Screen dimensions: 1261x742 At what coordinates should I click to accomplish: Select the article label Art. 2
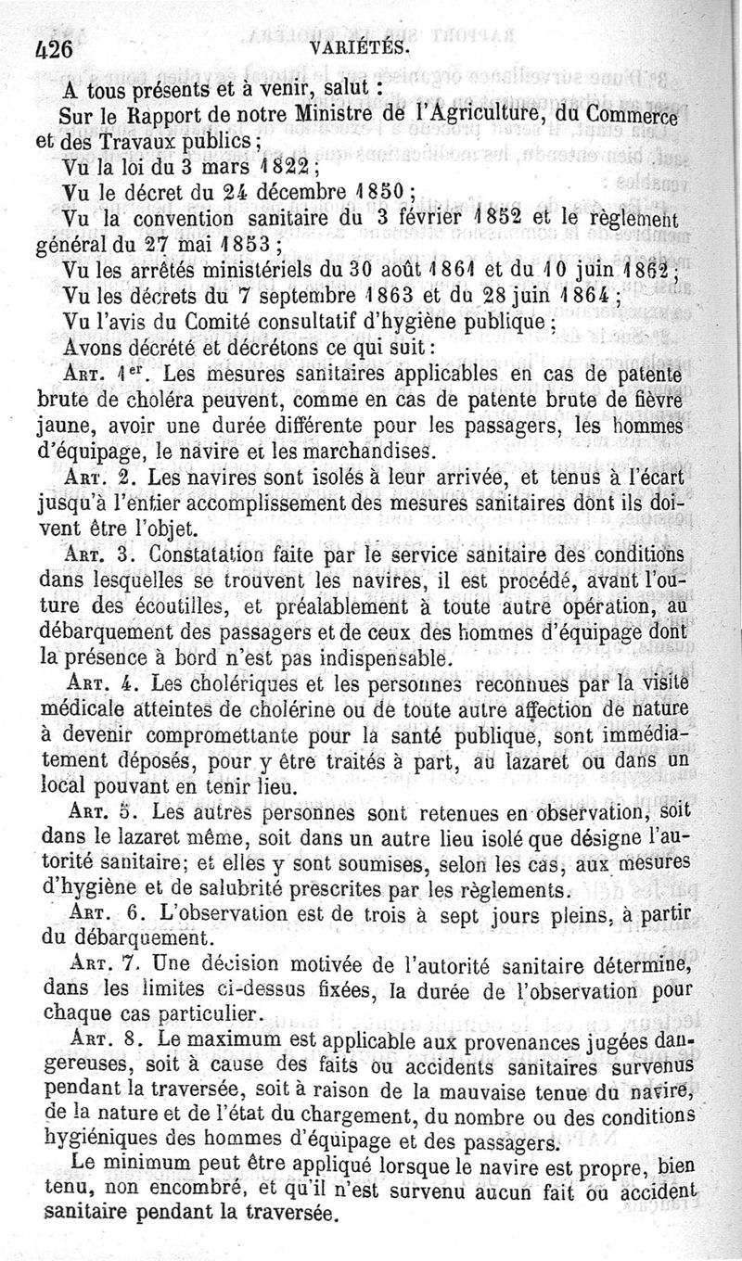(103, 479)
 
